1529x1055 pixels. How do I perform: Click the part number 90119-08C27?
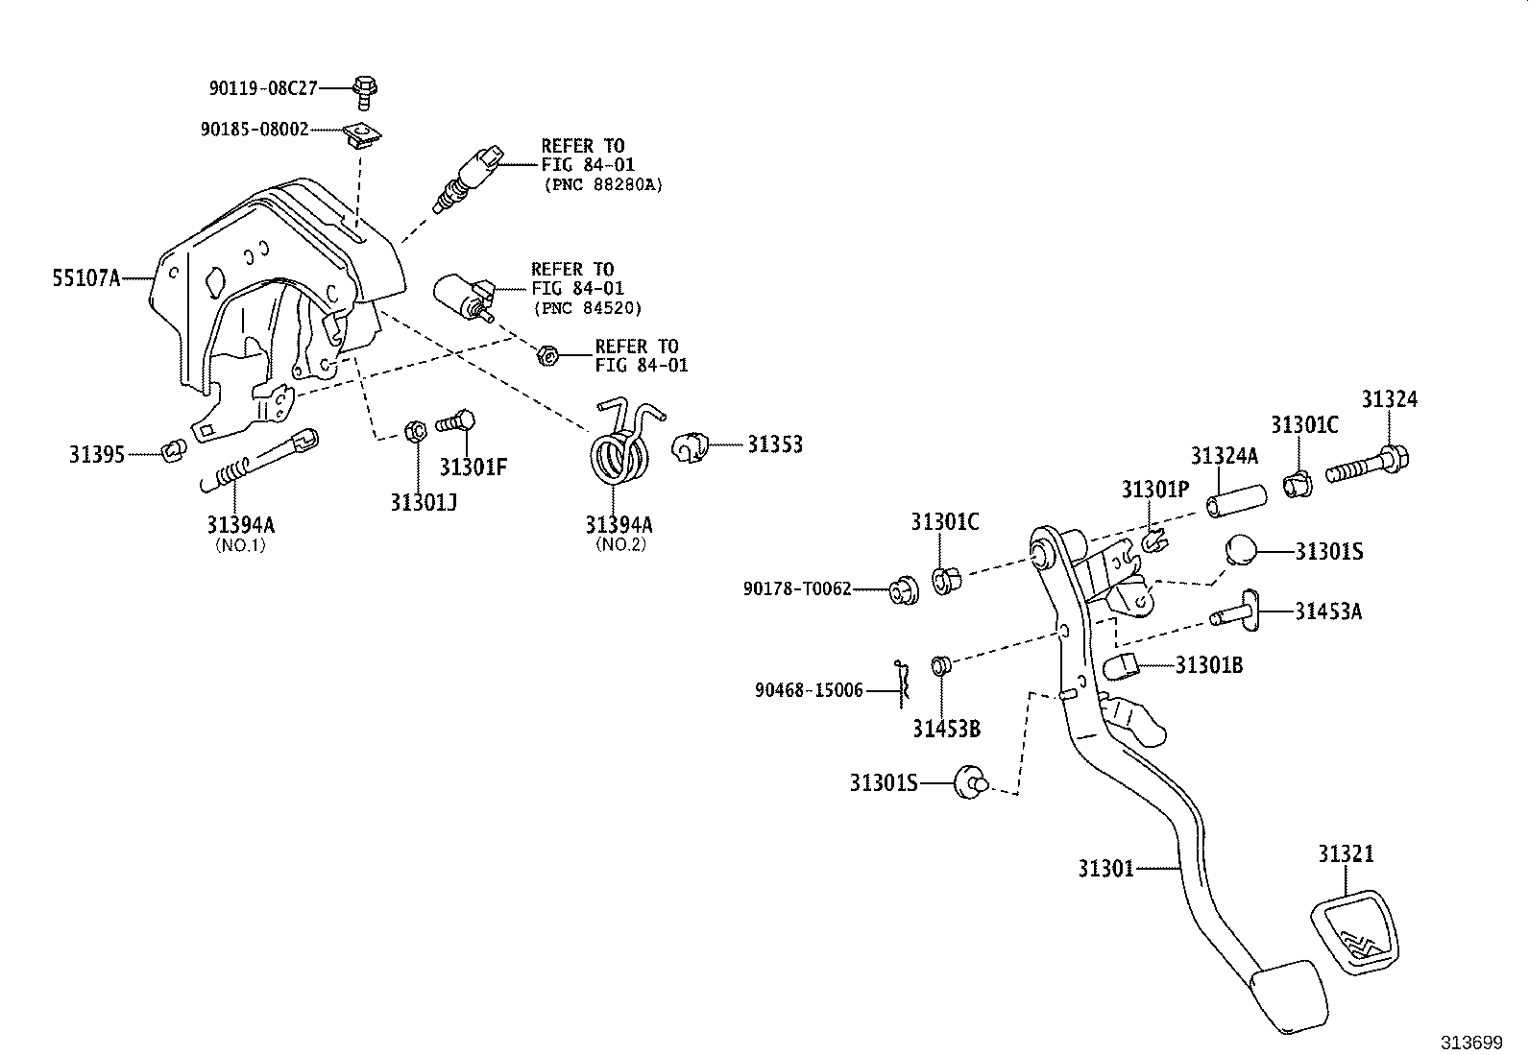(263, 88)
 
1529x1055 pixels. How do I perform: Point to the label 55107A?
(86, 279)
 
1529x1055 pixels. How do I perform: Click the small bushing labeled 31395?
(173, 448)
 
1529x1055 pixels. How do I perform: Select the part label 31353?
(775, 444)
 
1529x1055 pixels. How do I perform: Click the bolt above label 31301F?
(457, 421)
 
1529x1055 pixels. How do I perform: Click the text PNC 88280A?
(603, 184)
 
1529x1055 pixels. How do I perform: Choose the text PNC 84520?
(588, 308)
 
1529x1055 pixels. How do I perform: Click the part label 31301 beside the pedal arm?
(1105, 869)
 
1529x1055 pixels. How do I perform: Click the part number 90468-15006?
(809, 690)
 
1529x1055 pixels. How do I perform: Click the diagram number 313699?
(1470, 1042)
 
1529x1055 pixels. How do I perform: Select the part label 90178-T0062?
(797, 588)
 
